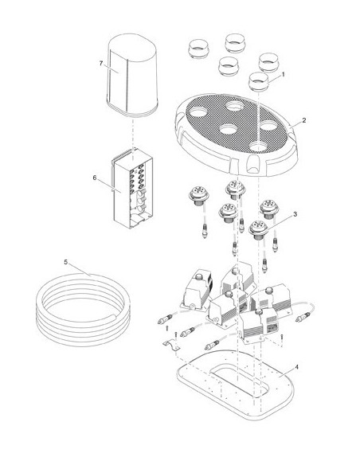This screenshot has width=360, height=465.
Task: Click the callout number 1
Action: click(283, 75)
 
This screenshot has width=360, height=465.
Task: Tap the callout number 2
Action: click(304, 120)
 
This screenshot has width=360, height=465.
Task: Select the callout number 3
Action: click(295, 214)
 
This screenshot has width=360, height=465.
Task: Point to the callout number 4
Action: click(296, 367)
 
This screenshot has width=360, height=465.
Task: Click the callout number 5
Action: click(66, 262)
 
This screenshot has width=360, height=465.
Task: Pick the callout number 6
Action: click(95, 178)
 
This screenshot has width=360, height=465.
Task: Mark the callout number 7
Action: click(101, 64)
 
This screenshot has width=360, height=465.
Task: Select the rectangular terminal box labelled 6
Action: click(132, 189)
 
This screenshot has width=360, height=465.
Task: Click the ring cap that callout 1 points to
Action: click(258, 81)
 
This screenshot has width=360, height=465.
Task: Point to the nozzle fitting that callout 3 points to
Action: click(258, 229)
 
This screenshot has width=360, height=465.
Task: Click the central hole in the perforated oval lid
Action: click(229, 129)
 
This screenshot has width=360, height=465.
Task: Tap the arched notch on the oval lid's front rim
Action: click(252, 165)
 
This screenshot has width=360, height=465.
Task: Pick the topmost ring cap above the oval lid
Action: click(235, 43)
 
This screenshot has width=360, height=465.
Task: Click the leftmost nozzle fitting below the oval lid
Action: click(199, 197)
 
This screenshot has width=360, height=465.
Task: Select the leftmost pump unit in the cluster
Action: click(198, 289)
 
